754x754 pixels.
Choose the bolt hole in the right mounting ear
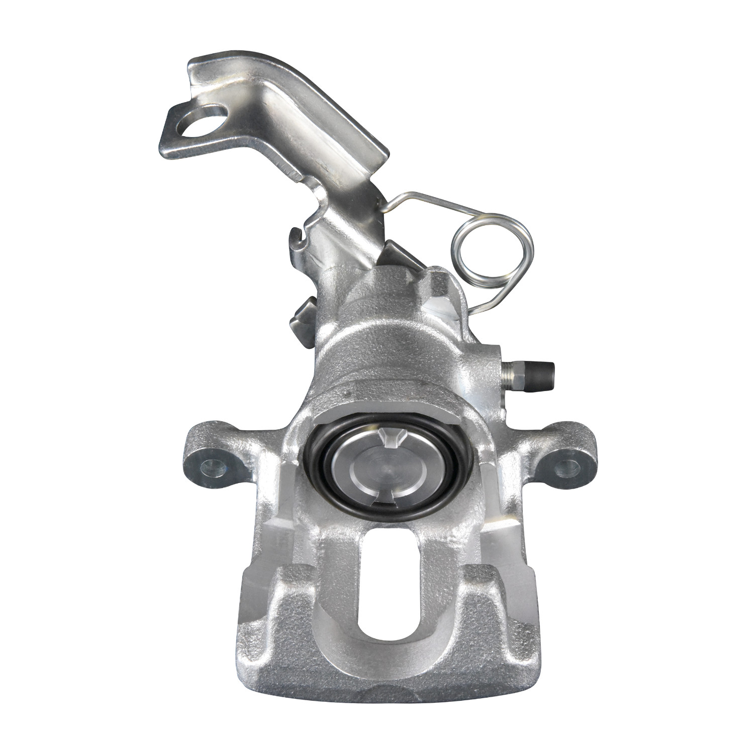(x=565, y=466)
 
